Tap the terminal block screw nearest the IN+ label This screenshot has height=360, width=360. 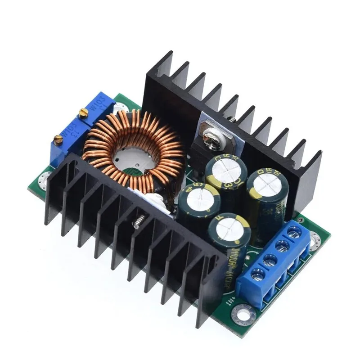(x=258, y=273)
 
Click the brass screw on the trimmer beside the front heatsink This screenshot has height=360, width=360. (x=58, y=140)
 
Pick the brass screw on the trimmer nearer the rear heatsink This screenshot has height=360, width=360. (x=83, y=114)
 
